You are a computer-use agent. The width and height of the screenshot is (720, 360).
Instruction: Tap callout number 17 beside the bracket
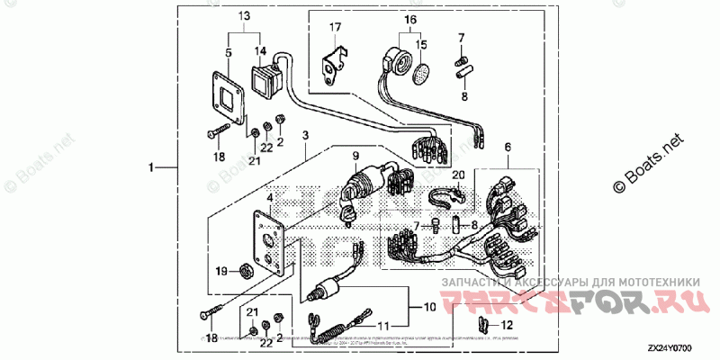coord(335,27)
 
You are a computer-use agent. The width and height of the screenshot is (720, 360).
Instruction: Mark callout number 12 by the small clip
coord(506,324)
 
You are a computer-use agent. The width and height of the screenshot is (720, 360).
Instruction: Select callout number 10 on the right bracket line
coord(429,307)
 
